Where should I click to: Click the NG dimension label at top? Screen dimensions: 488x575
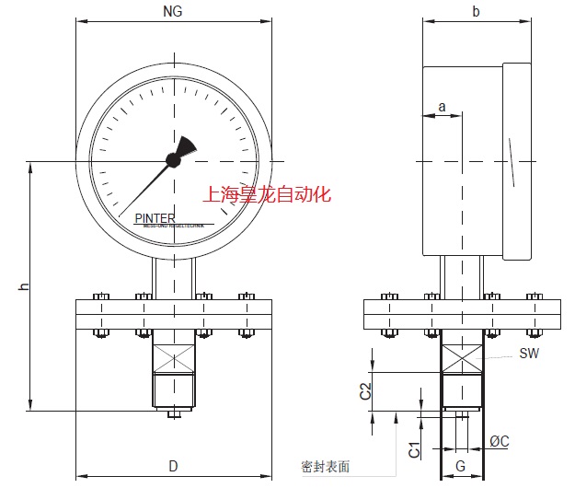click(173, 13)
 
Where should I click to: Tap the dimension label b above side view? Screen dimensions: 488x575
click(476, 12)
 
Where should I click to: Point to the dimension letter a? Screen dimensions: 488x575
click(442, 107)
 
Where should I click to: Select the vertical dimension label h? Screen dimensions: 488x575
click(24, 287)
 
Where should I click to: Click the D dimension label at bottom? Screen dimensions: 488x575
click(173, 465)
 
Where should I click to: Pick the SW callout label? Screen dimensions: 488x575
click(529, 354)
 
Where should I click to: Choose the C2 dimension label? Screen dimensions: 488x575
click(365, 389)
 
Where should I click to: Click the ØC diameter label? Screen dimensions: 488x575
click(500, 441)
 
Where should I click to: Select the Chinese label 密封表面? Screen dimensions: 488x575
click(325, 467)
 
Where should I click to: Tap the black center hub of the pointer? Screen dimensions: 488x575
click(173, 160)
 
